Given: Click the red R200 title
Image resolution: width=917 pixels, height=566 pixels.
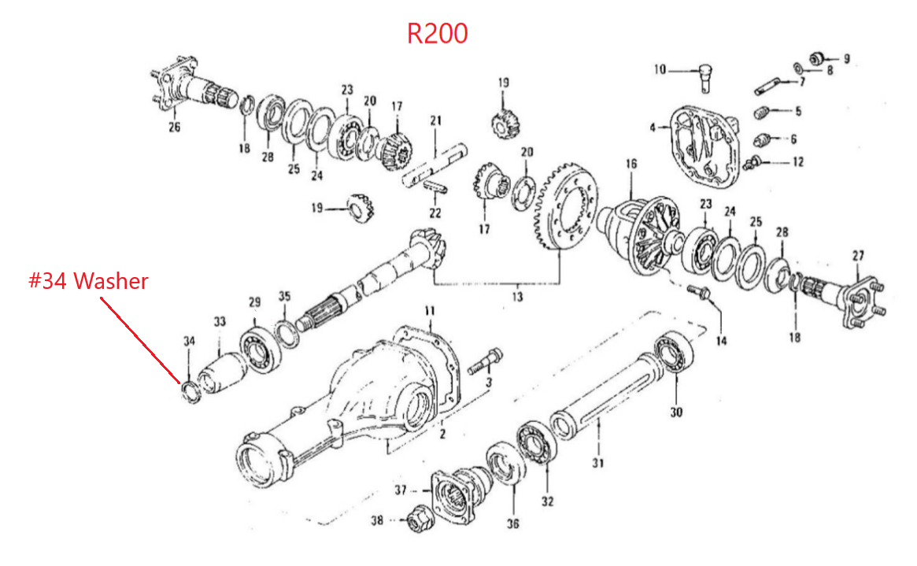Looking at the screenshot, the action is tap(437, 33).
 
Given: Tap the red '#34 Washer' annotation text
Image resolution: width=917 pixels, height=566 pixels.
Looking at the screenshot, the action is tap(88, 281).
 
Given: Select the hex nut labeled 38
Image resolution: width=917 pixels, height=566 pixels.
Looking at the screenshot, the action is tap(417, 517).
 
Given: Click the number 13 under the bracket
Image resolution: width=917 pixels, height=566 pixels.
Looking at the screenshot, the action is tap(517, 297).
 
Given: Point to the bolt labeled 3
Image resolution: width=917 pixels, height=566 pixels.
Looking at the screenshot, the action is tap(486, 362).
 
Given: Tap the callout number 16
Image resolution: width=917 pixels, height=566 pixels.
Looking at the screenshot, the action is tap(631, 164).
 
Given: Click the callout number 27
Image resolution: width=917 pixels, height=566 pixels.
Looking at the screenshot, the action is tap(858, 256).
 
